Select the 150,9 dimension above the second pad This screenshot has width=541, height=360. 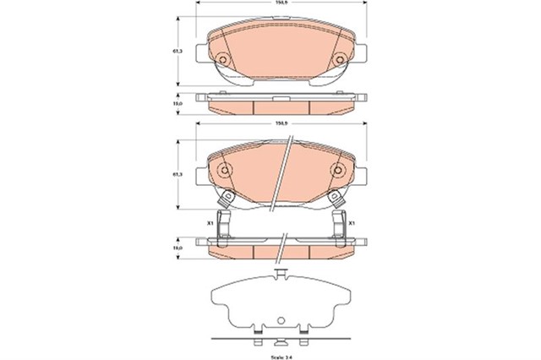[x=276, y=126]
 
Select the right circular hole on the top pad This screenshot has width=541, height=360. [x=336, y=59]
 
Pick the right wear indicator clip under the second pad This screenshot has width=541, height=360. [x=336, y=201]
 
